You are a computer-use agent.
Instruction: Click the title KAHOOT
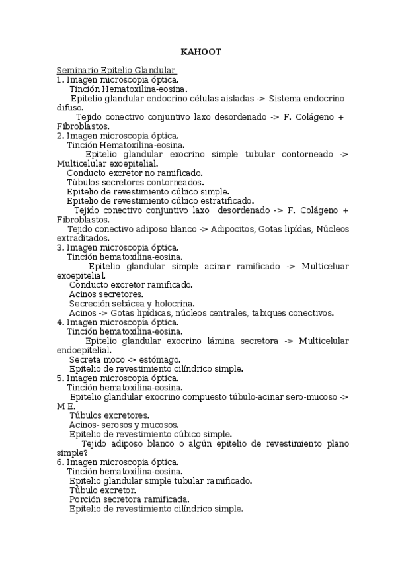click(x=201, y=52)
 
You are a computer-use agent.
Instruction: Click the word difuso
click(x=69, y=107)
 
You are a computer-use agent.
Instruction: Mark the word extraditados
click(x=83, y=238)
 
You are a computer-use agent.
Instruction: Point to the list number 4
click(x=59, y=322)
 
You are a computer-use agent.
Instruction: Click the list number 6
click(x=59, y=462)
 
